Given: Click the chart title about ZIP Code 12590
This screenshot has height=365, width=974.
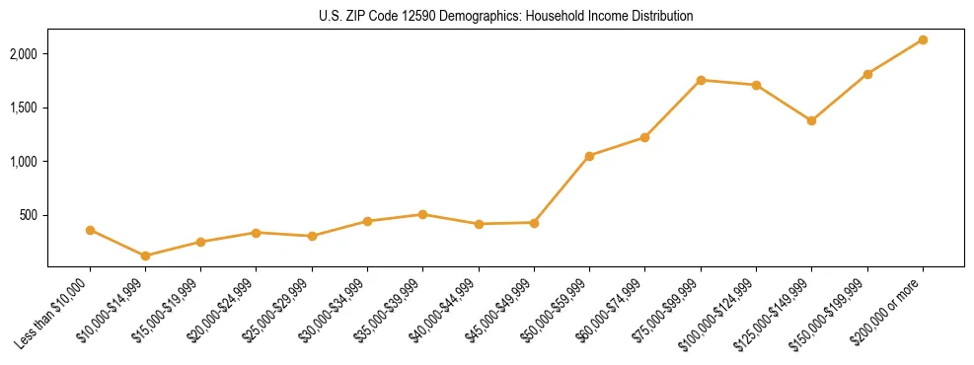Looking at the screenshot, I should pos(505,17).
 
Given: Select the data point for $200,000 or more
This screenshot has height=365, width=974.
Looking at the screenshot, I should pos(923,39).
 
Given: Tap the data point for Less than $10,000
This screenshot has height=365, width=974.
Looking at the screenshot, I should pos(90,230).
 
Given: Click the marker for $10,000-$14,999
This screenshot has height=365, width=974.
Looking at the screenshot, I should pos(146,255).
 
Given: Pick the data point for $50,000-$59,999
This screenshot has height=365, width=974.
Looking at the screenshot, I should pos(589,156).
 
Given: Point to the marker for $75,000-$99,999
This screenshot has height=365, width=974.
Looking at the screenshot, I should pos(701,80).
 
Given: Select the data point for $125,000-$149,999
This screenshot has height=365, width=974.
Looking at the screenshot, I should pos(811,120).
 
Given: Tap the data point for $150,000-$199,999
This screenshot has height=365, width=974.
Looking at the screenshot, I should pos(867,74).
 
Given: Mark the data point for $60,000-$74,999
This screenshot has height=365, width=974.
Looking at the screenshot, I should pos(645,137).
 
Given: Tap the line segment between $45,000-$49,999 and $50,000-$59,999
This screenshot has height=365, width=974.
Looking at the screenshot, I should pos(562,189).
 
